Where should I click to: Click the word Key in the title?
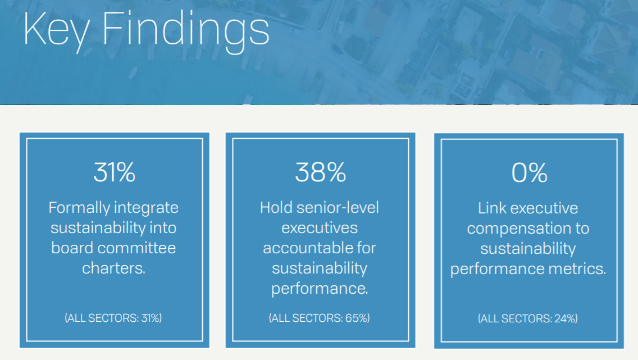coord(57,30)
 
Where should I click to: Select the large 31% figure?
coord(115,172)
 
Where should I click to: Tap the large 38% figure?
coord(321,172)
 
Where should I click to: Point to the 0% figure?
coord(530,173)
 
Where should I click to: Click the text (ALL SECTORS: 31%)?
coord(113,318)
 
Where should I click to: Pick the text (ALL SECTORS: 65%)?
coord(320,318)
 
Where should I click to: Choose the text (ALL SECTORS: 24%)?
coord(528,318)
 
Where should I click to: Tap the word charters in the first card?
coord(113,268)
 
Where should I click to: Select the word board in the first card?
coord(72,248)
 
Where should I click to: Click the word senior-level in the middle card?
coord(338,207)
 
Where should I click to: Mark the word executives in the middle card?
coord(320,228)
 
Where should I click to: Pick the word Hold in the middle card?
coord(276,207)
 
